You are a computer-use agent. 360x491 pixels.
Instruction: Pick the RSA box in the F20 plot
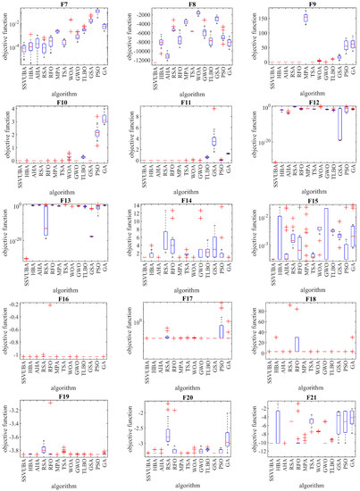[166, 435]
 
